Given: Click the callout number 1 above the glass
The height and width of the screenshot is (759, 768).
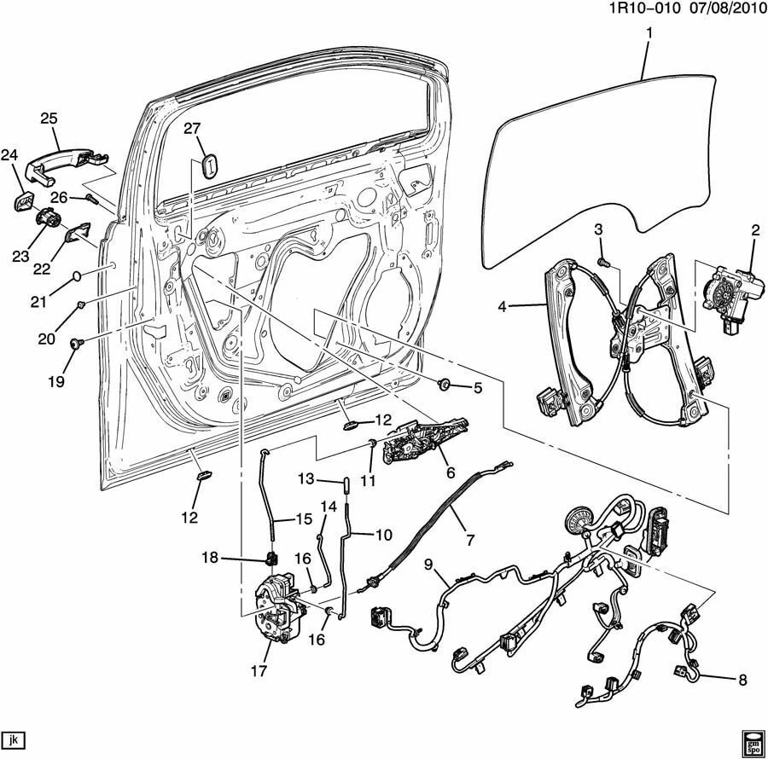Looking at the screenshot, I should pyautogui.click(x=649, y=33).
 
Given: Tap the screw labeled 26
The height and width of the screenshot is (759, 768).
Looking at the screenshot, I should pyautogui.click(x=91, y=200).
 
